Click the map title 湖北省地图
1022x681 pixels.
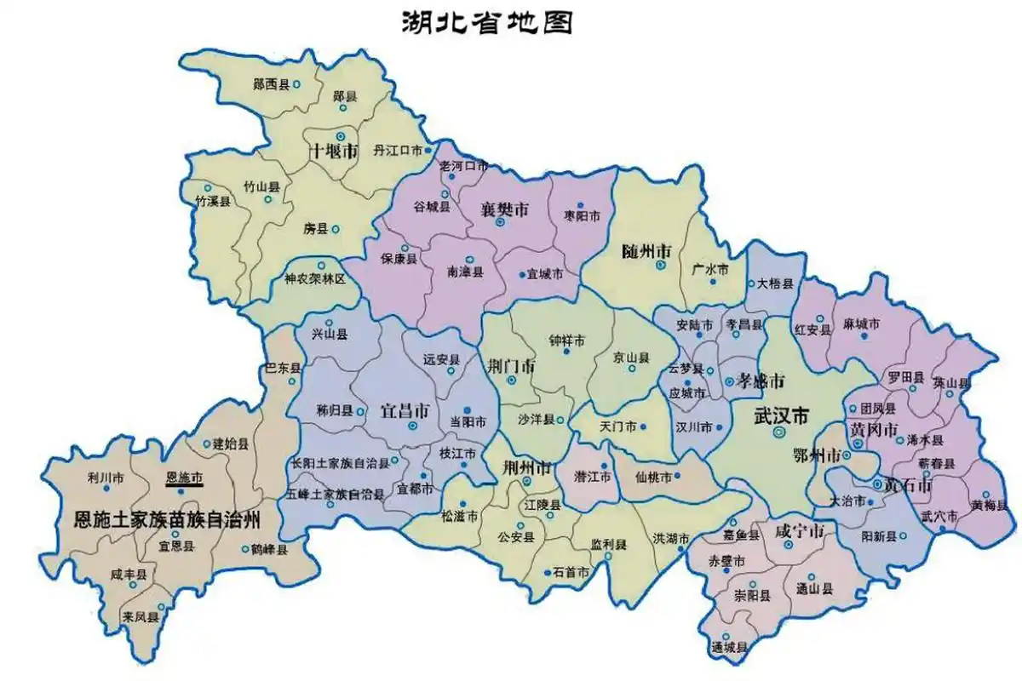(x=486, y=23)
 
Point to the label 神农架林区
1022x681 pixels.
(x=315, y=279)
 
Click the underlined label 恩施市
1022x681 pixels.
(x=183, y=479)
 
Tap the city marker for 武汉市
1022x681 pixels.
(x=778, y=432)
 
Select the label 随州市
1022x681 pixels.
(x=646, y=252)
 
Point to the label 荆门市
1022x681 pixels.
(x=511, y=365)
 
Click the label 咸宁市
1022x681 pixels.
(x=799, y=531)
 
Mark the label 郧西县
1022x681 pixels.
(x=272, y=84)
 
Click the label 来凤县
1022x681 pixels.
(x=140, y=616)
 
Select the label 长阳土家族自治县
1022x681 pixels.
(x=340, y=464)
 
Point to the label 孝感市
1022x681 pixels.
(x=761, y=381)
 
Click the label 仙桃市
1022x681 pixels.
(x=653, y=476)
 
